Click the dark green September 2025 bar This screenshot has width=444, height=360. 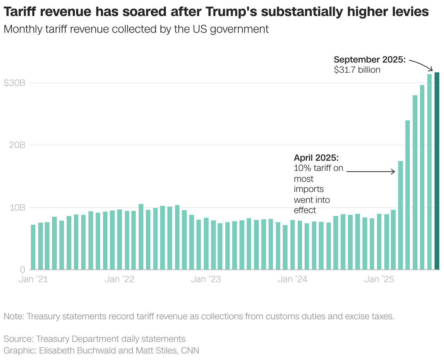(x=437, y=171)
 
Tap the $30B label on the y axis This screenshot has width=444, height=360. (x=15, y=83)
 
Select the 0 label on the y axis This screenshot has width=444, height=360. (x=23, y=270)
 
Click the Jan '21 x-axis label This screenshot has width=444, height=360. (x=33, y=279)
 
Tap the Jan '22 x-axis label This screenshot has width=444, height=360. (x=119, y=279)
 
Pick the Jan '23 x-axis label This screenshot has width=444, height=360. (x=206, y=279)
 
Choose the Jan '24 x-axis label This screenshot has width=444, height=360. (x=292, y=279)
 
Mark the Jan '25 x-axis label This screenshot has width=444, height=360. (x=379, y=279)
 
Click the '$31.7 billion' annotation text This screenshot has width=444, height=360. (x=357, y=70)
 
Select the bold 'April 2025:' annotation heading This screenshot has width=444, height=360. (x=316, y=158)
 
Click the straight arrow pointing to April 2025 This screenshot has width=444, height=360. (x=370, y=171)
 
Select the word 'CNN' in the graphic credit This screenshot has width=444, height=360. (x=190, y=351)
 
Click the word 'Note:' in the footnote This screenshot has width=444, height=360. (x=14, y=316)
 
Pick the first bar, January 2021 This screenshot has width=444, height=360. (x=33, y=247)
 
